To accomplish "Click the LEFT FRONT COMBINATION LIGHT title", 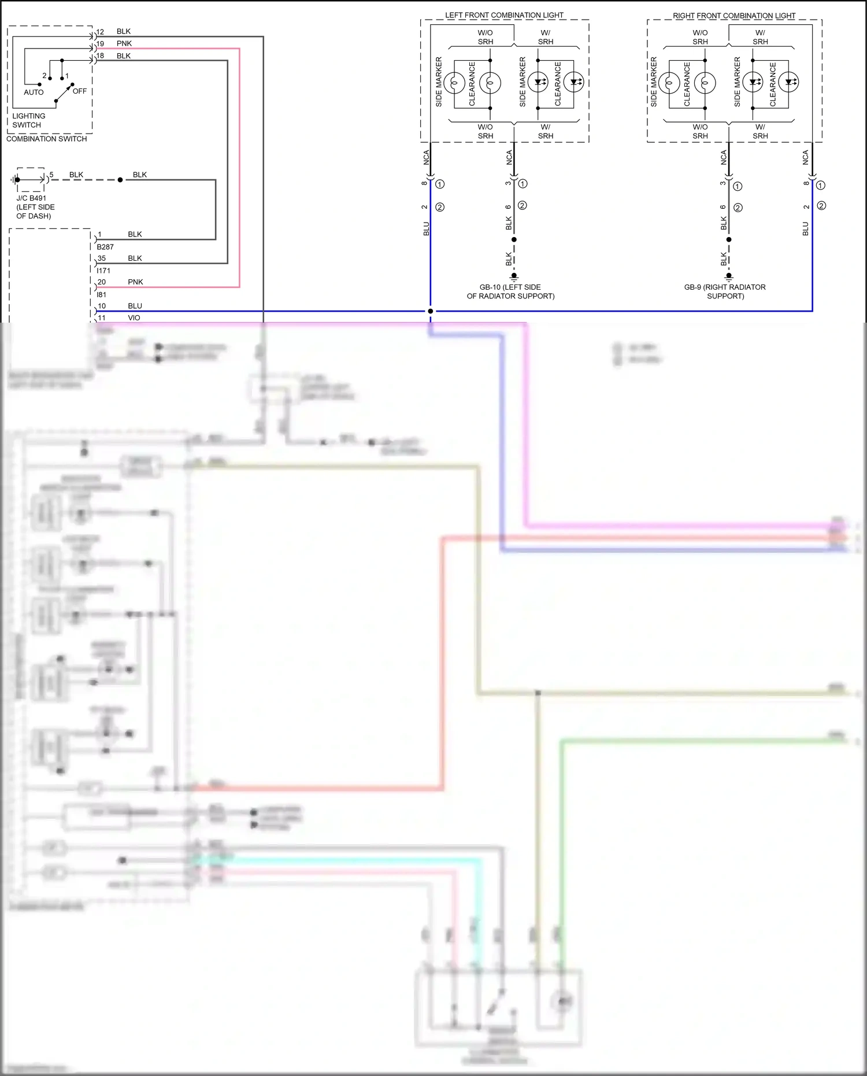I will (504, 15).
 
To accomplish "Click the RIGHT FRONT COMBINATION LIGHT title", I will (734, 16).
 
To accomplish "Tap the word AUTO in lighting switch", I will (34, 93).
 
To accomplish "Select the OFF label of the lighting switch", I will (80, 91).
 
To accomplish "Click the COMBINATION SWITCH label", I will (47, 139).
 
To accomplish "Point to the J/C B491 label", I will (31, 198).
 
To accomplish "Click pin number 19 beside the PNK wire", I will (101, 44).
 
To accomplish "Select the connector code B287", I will (105, 247).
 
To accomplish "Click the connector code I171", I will (103, 271).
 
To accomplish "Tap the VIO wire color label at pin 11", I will (134, 318).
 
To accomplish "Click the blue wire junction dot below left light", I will (430, 311).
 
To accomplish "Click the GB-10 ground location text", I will (510, 291).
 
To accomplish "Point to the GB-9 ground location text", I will (725, 291).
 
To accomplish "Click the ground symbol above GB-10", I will (514, 276).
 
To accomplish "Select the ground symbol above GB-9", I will (729, 276).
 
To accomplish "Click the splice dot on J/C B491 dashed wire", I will (120, 180).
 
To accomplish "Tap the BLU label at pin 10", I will (135, 306).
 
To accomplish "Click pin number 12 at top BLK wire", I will (101, 32).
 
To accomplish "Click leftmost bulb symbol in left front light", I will (454, 83).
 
